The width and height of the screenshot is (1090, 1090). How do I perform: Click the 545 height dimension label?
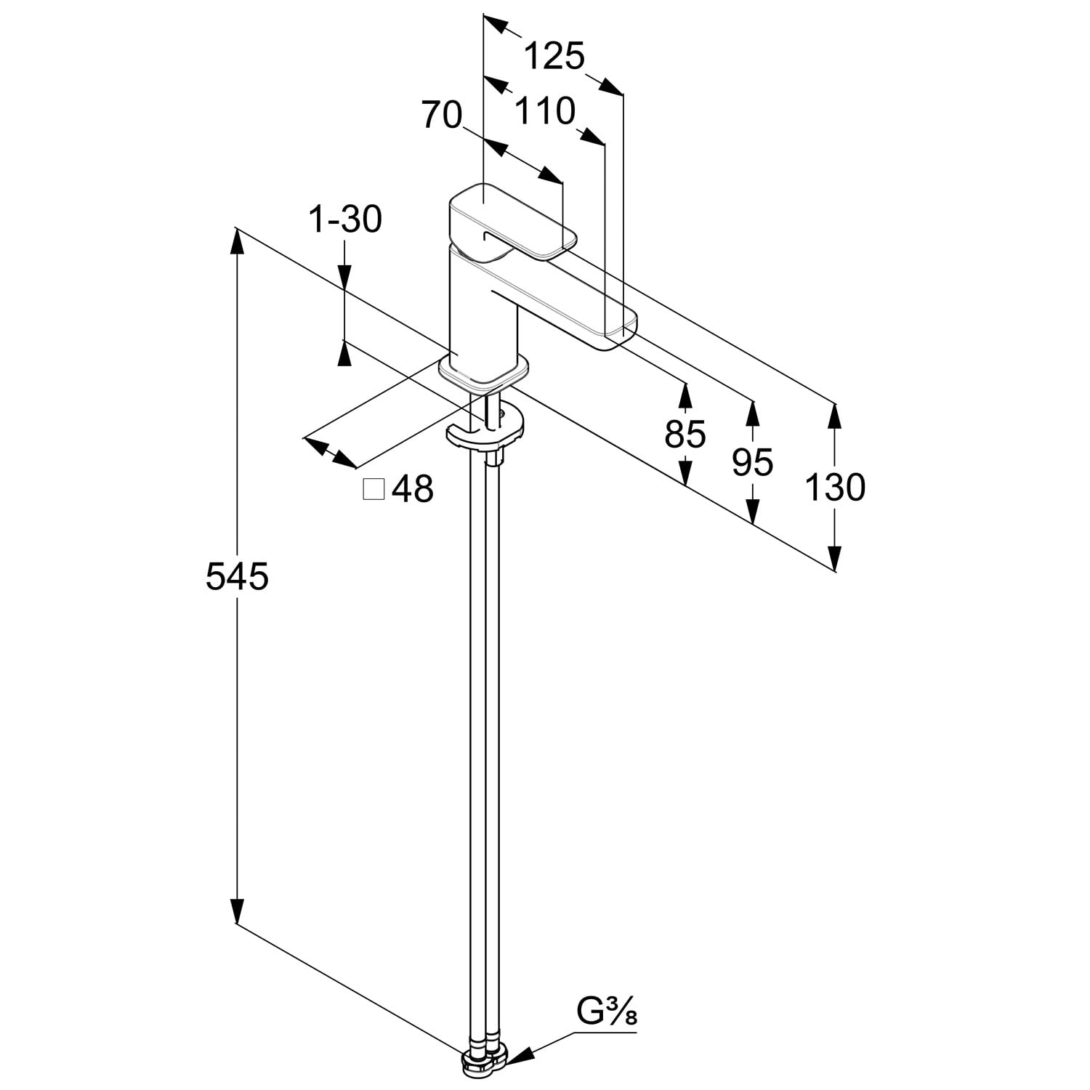point(237,577)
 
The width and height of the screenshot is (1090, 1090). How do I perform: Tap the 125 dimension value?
point(554,56)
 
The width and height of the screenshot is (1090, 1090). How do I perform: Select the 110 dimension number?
point(545,111)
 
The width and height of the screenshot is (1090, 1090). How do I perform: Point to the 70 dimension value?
point(442,115)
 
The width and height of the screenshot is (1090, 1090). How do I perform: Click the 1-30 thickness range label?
point(345,219)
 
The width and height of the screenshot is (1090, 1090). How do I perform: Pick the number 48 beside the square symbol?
point(413,490)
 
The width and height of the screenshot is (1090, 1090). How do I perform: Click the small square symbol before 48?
point(374,490)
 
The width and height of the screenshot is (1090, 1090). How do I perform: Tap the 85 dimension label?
point(685,435)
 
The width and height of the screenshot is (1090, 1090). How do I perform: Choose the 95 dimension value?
point(753,462)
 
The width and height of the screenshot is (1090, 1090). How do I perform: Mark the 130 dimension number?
point(835,487)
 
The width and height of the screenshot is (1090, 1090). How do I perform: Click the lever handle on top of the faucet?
point(509,222)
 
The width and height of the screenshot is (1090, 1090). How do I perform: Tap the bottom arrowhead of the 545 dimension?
point(236,911)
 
